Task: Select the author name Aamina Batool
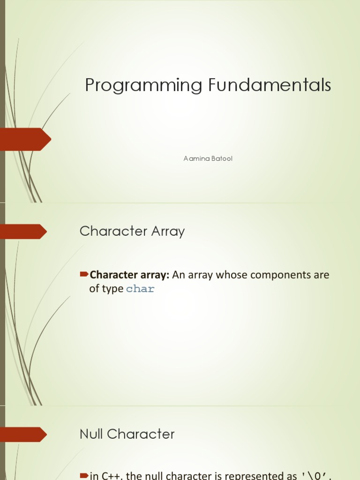208,158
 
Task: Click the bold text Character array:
129,275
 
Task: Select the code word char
140,289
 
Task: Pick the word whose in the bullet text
232,275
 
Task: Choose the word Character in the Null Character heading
141,434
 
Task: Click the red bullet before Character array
84,273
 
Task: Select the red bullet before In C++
84,475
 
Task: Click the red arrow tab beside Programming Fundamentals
26,139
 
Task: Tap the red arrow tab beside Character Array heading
23,232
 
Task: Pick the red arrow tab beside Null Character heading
23,435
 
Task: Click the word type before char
112,289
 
